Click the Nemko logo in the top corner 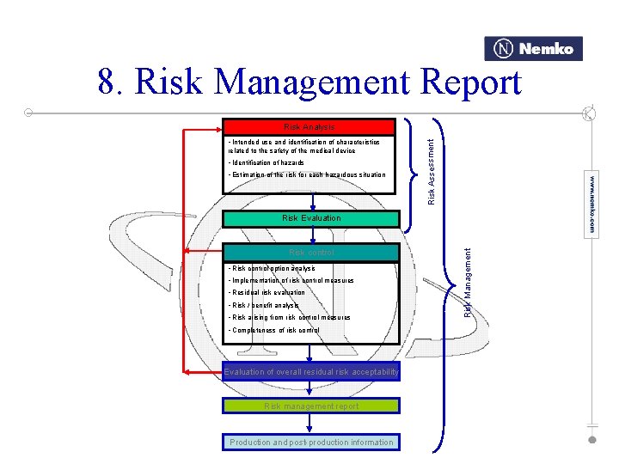tap(534, 49)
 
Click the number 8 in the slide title tap(108, 83)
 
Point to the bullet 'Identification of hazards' tap(266, 162)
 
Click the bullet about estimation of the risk tap(307, 174)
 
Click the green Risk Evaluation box tap(310, 218)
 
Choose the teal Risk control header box tap(310, 253)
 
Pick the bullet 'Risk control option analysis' tap(272, 269)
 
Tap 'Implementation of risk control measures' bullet tap(291, 281)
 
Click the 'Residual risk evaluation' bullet tap(267, 293)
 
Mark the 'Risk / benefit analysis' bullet tap(263, 305)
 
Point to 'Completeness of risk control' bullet tap(273, 330)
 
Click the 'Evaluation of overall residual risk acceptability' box tap(310, 372)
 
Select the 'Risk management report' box tap(310, 406)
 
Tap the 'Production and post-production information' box tap(310, 442)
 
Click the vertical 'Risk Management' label tap(468, 282)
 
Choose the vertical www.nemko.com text tap(591, 206)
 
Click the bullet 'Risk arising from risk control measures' tap(289, 317)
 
